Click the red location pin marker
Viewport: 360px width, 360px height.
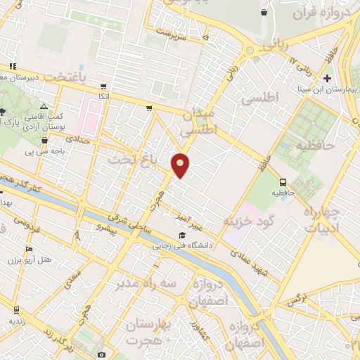click(181, 165)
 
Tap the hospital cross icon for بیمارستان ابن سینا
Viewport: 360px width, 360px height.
click(326, 77)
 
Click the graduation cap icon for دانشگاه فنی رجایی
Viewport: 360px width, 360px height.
click(182, 235)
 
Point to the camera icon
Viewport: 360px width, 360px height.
click(102, 354)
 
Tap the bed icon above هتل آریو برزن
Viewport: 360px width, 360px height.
click(29, 250)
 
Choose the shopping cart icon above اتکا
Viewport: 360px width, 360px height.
click(104, 86)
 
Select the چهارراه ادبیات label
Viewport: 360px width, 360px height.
click(324, 220)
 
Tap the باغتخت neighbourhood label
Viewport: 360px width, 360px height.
click(70, 75)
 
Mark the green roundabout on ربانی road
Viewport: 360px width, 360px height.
click(250, 50)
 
